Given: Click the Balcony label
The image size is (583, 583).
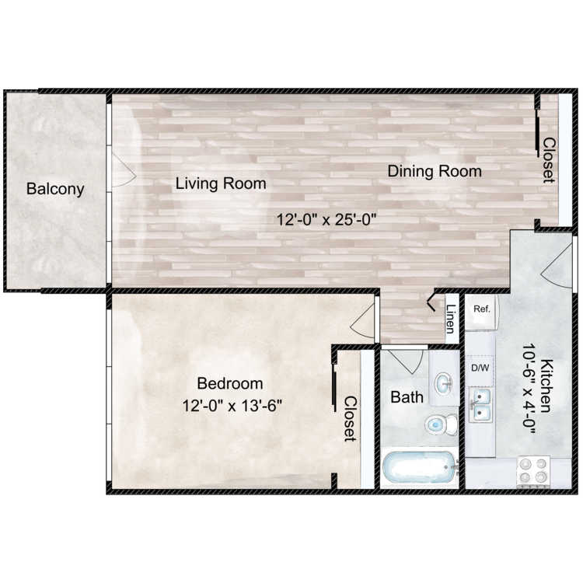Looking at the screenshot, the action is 55,189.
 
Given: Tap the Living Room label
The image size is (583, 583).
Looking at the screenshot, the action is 221,183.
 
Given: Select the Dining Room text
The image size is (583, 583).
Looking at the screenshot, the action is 435,171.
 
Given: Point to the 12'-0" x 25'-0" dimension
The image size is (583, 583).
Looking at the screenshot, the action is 326,219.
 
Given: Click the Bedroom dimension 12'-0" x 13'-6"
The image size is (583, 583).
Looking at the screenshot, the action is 232,406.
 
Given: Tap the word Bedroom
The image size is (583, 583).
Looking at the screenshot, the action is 230,383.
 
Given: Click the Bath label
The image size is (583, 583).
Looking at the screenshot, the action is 407,397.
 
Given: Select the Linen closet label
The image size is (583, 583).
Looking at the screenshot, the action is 451,319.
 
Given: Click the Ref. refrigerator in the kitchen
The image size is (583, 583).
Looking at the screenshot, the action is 481,312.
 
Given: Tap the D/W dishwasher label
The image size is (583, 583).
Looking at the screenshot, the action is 480,368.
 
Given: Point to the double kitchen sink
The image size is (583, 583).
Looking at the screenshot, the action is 480,404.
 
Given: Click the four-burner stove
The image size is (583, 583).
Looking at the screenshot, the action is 533,472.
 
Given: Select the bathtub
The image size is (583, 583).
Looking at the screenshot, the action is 420,468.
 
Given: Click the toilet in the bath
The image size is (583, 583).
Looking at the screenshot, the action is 441,424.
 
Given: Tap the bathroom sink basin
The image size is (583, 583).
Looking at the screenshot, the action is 444,383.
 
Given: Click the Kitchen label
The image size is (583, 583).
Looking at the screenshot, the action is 546,386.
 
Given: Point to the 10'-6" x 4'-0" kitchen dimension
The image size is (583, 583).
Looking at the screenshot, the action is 528,389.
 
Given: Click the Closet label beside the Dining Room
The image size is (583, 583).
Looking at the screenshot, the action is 549,160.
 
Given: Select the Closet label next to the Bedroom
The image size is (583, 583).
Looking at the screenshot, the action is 350,419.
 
